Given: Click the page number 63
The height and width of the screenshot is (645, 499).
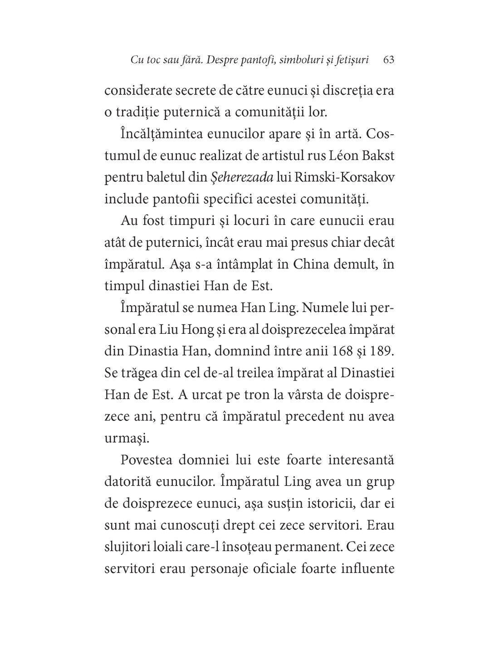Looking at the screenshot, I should [389, 60].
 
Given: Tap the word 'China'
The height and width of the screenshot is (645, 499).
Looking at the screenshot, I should [311, 264].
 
